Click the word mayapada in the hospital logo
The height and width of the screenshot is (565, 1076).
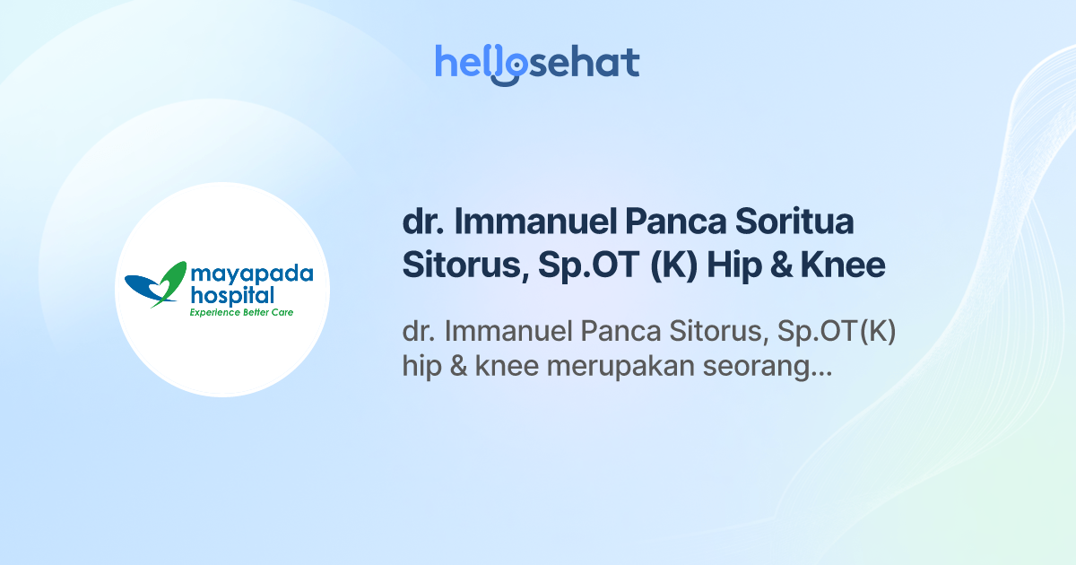251,275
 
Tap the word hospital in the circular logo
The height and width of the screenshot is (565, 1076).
231,295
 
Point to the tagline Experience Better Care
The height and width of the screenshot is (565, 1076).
240,312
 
